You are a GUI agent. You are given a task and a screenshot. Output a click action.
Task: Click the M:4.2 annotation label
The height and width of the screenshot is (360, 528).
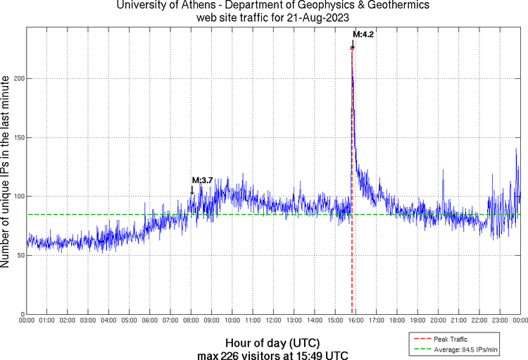coord(363,34)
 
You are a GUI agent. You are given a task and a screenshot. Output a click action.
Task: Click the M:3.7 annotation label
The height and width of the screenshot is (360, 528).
coord(202,180)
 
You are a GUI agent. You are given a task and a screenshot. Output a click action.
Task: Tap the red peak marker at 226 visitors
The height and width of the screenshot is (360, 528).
coord(352,48)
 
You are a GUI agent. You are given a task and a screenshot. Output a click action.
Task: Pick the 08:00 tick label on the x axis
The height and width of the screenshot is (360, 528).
coord(191,321)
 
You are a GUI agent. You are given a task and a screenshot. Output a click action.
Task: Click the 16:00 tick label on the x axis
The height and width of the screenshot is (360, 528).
coord(356,321)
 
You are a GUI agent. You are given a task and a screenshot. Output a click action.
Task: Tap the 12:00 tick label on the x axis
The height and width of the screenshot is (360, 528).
coord(274,321)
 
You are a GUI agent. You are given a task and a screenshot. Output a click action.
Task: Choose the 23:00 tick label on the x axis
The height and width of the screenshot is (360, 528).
coord(500,321)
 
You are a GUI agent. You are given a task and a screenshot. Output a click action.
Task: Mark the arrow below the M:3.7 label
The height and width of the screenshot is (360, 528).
coord(191,190)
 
